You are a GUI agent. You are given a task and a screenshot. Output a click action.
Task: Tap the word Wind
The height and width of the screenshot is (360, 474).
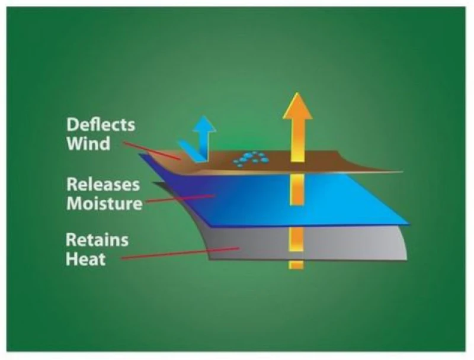pos(88,143)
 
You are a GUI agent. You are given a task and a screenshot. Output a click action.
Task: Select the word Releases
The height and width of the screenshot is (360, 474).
pos(103,184)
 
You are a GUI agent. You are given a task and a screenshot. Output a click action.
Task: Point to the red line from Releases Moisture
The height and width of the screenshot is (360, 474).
pos(178,199)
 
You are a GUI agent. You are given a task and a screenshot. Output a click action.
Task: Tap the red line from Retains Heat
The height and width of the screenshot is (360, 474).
pos(178,253)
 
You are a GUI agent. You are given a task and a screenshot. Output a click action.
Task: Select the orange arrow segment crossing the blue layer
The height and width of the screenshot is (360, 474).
pos(296,192)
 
